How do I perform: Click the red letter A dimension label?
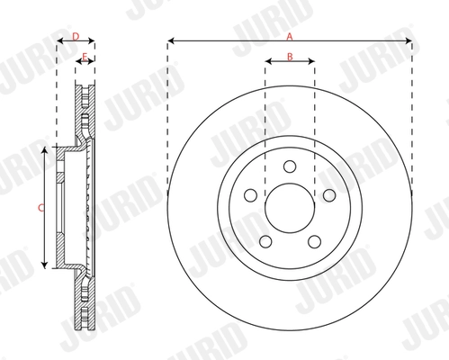(289, 35)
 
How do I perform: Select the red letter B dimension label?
(289, 57)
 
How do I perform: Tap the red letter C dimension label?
(39, 207)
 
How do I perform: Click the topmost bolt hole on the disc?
(289, 166)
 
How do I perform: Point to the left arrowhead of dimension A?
(169, 40)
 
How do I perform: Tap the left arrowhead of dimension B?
(267, 62)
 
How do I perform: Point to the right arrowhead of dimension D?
(94, 41)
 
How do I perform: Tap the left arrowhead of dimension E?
(79, 62)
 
